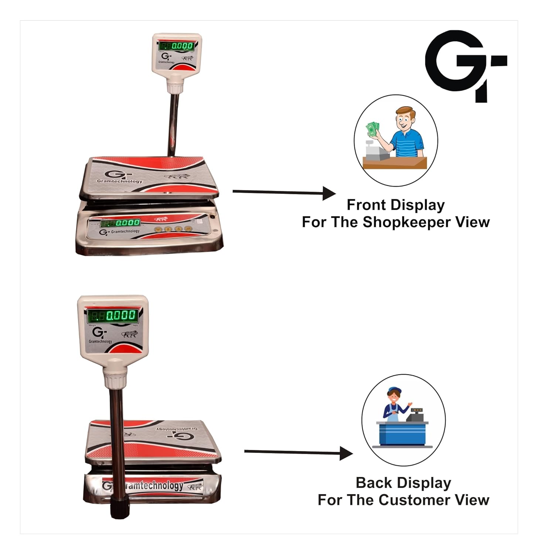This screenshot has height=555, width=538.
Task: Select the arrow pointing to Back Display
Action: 298,452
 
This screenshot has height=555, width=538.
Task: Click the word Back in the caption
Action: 371,483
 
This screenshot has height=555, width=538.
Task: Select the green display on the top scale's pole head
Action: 176,46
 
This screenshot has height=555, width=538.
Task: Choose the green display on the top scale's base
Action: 121,223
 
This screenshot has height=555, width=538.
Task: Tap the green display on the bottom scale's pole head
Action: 113,316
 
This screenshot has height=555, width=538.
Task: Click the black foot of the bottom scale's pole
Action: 120,508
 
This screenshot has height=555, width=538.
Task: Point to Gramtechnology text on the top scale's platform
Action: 119,181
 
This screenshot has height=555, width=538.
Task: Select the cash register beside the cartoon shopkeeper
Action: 375,151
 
